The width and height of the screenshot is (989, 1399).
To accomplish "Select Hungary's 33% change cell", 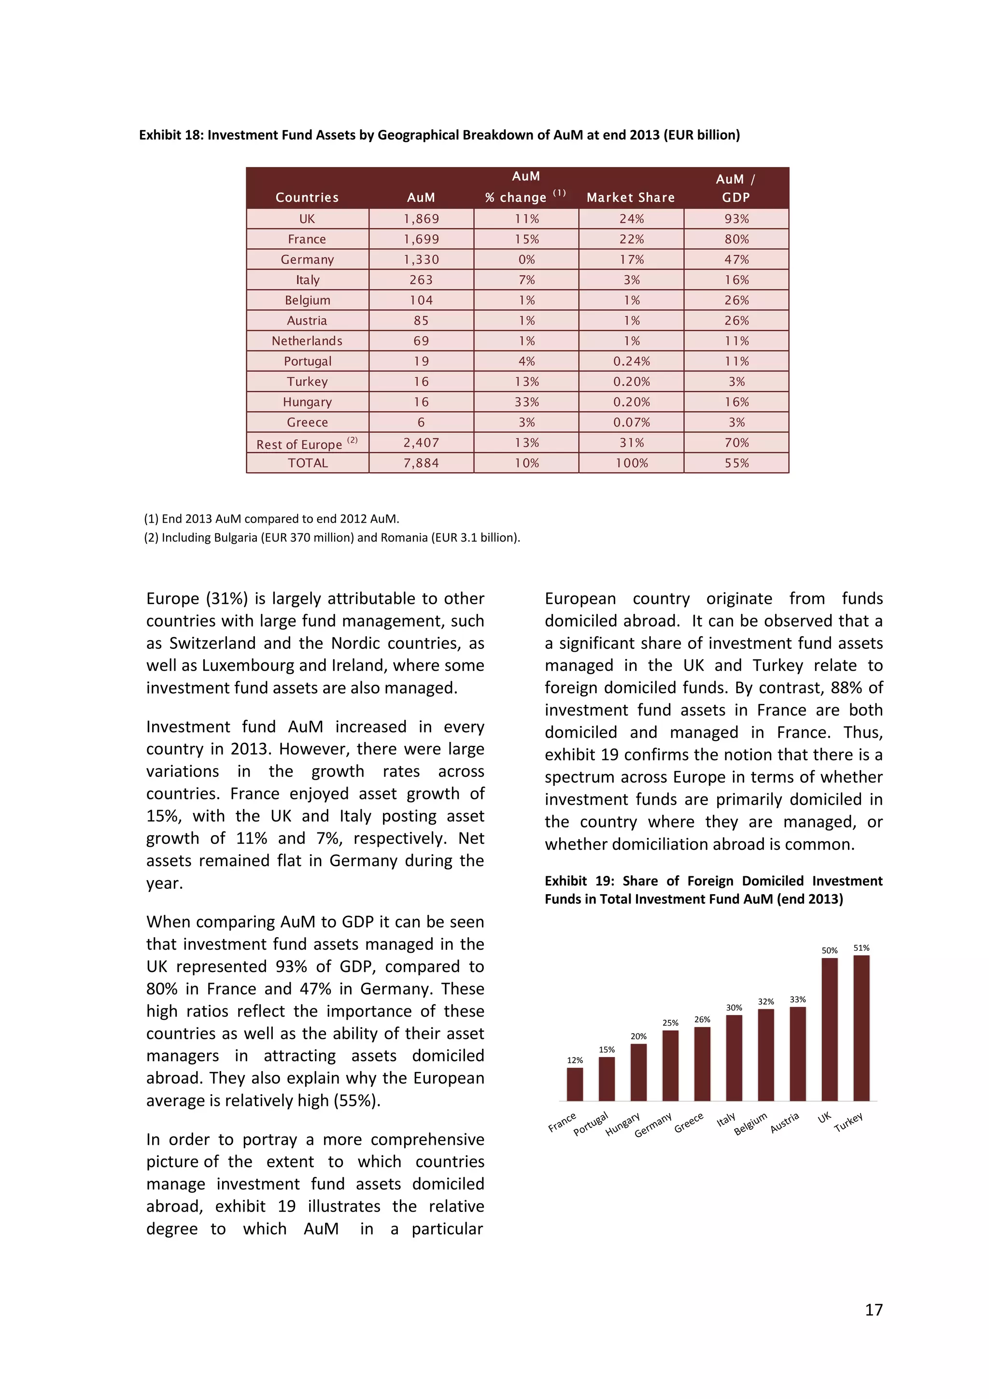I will [526, 402].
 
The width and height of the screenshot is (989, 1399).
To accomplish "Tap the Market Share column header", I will [630, 198].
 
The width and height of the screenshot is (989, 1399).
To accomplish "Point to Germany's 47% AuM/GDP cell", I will [736, 259].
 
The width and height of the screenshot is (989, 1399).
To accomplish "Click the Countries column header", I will [307, 198].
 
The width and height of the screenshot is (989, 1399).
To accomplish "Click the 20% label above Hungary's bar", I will [638, 1037].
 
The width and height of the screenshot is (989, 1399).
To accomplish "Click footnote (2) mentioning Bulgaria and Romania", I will [332, 537].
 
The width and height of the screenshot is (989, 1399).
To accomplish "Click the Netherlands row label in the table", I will [307, 341].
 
